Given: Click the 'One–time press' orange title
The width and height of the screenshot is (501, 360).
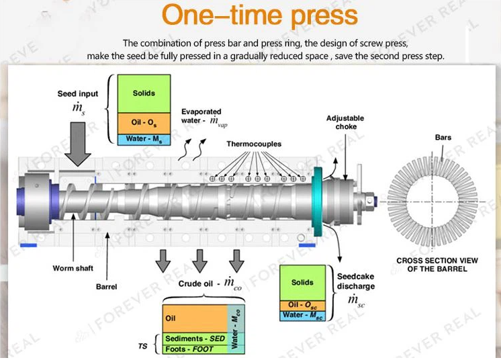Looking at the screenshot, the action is tap(259, 16).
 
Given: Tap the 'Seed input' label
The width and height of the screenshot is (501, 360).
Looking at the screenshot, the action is tap(78, 93).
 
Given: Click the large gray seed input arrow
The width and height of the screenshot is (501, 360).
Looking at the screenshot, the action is tap(78, 144).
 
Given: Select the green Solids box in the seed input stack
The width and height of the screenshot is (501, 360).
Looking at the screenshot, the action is tap(144, 93).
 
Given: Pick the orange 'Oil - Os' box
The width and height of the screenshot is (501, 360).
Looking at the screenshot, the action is tap(144, 124).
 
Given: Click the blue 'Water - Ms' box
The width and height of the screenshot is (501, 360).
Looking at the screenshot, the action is tap(144, 140).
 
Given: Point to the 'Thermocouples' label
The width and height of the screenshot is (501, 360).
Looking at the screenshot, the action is tap(254, 144).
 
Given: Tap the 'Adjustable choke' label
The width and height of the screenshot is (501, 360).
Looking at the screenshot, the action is tap(345, 122).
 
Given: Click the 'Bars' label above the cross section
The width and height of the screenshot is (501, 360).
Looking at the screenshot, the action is tap(443, 138).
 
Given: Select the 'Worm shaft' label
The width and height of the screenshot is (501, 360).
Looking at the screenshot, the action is tap(73, 269).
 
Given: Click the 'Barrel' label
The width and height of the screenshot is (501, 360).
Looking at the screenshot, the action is tap(106, 287).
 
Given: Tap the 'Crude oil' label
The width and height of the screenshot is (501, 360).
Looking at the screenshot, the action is tap(195, 283).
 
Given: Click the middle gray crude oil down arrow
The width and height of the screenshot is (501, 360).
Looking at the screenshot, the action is tap(200, 261).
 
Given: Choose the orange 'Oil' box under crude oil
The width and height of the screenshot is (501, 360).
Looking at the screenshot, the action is tap(195, 318).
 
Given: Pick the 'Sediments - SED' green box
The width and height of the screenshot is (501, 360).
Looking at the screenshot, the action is tap(195, 339).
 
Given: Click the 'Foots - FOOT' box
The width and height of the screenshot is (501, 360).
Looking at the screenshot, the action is tap(195, 349).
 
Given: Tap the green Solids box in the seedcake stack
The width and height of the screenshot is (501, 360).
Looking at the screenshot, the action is tap(303, 283).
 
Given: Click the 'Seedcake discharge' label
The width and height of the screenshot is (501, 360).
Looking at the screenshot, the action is tap(356, 281).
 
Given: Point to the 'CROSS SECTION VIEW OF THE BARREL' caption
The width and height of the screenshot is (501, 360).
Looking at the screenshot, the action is tap(437, 265).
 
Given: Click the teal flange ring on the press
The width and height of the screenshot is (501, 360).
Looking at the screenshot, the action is tap(318, 201).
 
